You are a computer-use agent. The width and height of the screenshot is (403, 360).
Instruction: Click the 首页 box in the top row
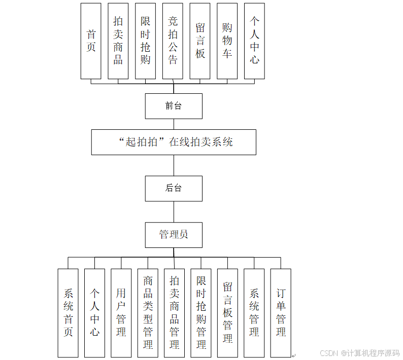(91, 41)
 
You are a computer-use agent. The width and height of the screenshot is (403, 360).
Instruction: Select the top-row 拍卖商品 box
(118, 41)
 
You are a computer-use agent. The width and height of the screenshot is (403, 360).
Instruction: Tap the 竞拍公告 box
(173, 41)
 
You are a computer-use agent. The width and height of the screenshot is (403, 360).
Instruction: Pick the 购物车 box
(227, 41)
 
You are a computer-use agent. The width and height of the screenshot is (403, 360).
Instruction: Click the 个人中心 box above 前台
(254, 41)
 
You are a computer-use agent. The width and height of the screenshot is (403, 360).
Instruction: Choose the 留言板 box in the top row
(200, 41)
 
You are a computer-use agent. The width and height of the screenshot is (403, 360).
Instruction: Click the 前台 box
(174, 106)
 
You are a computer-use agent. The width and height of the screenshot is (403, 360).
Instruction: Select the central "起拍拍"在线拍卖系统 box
(174, 142)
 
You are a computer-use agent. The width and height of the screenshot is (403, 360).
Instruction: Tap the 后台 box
(174, 188)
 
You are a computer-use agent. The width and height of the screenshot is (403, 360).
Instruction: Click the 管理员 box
(174, 235)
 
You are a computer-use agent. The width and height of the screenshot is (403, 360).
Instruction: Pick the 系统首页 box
(68, 313)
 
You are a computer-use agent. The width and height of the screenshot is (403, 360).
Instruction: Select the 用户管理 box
(121, 313)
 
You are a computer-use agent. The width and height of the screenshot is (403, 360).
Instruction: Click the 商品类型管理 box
(148, 313)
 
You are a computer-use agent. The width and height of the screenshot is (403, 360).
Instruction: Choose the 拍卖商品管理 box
(175, 313)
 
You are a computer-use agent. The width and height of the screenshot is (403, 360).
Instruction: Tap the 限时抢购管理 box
(201, 313)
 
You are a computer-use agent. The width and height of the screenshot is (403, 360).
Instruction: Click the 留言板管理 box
(227, 313)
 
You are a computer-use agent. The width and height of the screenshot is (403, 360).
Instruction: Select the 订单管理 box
(281, 313)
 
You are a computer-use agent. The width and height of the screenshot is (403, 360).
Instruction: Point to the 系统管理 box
(254, 313)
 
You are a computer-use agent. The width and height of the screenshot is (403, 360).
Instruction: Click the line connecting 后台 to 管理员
(174, 211)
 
